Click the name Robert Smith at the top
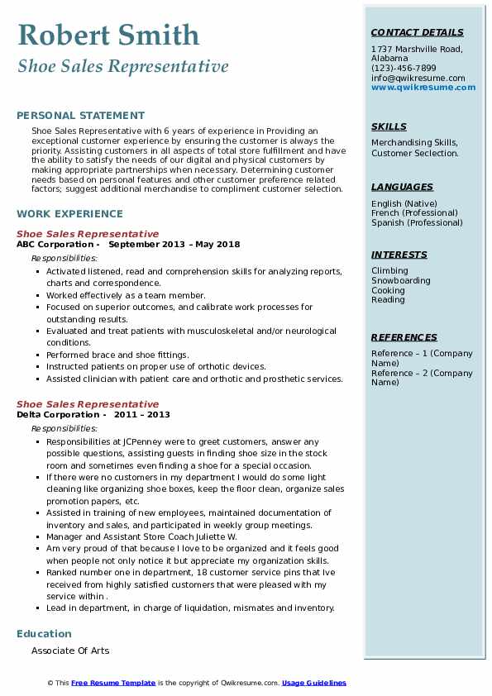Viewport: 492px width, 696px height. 108,36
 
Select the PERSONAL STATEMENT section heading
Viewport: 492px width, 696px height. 80,116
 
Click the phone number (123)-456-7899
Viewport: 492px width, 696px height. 404,69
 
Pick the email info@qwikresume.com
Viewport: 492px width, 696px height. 418,79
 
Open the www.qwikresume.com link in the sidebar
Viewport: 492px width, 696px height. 418,87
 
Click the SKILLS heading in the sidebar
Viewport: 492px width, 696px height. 389,126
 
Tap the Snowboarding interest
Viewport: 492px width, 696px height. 401,280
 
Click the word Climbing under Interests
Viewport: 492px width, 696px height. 389,270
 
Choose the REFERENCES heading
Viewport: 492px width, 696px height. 404,337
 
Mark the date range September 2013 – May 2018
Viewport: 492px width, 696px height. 174,245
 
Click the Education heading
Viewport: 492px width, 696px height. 44,634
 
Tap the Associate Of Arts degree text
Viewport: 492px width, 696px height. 70,651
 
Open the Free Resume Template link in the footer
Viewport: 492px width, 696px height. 113,683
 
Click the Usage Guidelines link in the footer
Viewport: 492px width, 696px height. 314,683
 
